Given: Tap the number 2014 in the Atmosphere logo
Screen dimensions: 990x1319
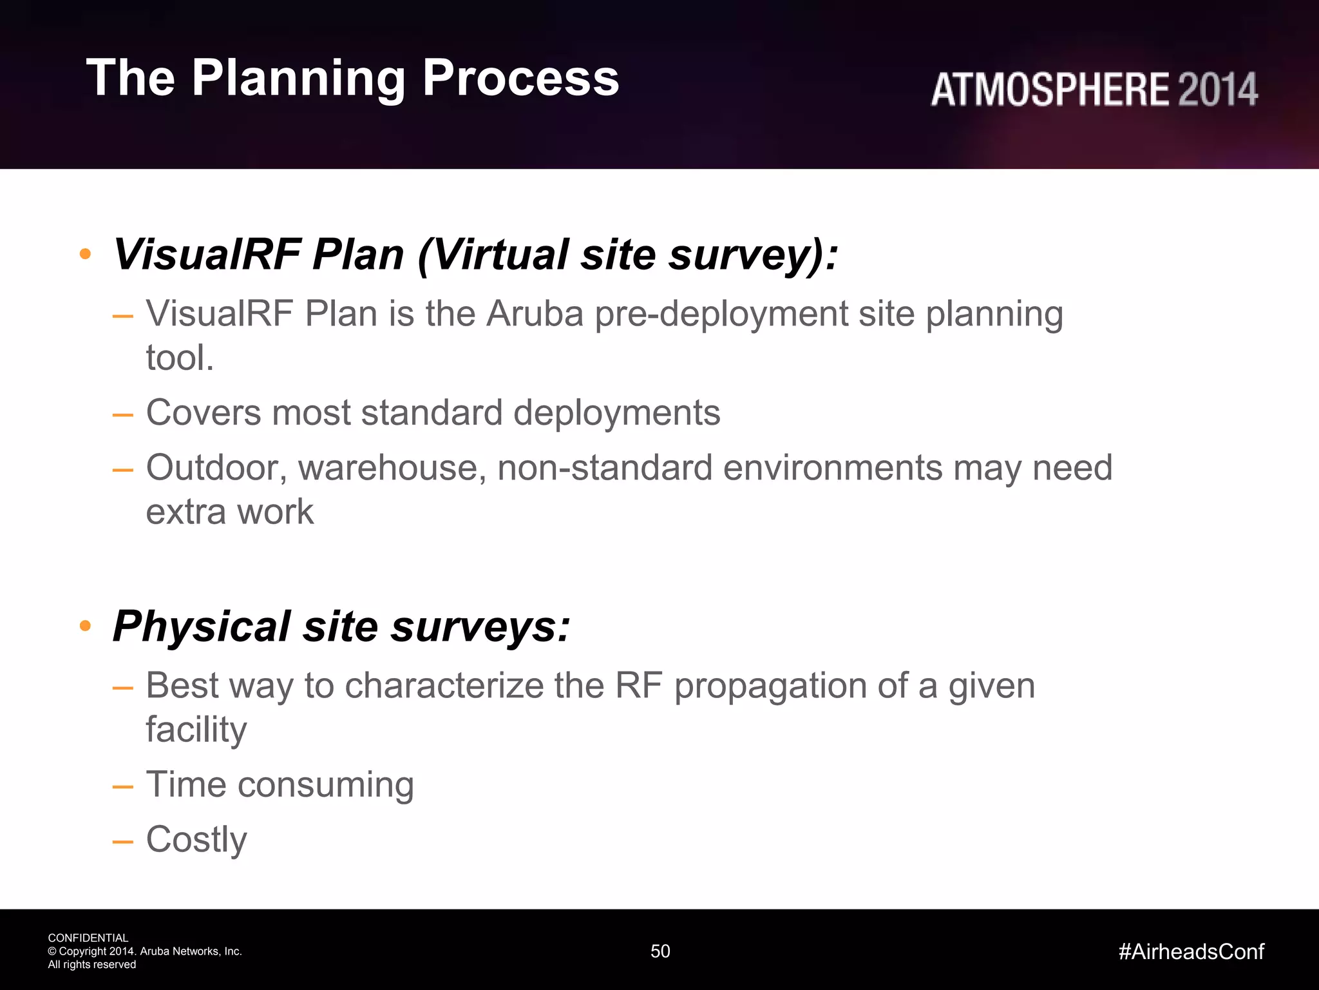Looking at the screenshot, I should point(1217,90).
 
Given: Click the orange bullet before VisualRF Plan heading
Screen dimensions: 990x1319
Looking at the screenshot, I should point(85,255).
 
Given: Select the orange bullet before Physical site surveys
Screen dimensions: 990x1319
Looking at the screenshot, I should point(85,626).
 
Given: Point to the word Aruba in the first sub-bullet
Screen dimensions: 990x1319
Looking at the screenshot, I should point(534,315).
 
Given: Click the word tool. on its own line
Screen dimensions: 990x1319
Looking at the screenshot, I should point(180,358).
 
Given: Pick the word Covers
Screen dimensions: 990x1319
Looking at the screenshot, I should point(203,412).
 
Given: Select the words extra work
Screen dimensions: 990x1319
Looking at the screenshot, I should point(230,512).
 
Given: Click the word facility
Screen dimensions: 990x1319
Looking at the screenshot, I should point(196,730).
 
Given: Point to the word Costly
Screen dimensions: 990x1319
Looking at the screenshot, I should point(196,840).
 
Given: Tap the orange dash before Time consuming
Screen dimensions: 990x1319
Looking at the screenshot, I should point(122,787).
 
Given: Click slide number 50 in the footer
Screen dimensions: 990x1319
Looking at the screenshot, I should point(660,951).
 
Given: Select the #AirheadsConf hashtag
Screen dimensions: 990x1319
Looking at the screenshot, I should point(1191,951).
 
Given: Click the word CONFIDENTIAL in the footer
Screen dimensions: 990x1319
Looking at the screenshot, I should point(88,938).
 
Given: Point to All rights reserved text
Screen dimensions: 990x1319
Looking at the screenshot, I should point(92,965).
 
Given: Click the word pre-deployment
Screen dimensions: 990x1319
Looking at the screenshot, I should point(721,315).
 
